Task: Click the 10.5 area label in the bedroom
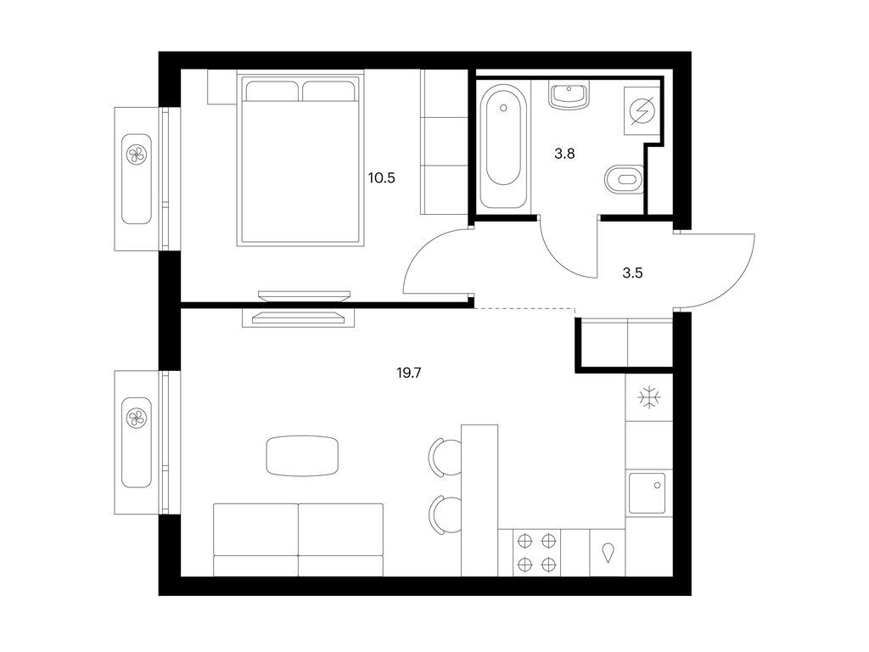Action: [x=381, y=178]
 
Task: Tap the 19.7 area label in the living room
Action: [x=409, y=374]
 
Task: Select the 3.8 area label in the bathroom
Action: [x=564, y=154]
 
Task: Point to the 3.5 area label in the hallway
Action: [x=632, y=273]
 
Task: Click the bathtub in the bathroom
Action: [x=502, y=145]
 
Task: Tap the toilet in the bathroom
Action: [x=624, y=179]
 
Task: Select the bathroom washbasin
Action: [x=569, y=94]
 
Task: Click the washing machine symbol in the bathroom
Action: [x=642, y=111]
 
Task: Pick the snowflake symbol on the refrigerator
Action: [x=648, y=397]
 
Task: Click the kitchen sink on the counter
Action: [x=648, y=493]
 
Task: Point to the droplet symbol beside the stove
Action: [x=608, y=553]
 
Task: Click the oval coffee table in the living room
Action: [x=302, y=456]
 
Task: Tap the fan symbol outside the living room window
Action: [x=137, y=418]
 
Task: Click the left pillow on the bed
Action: [x=272, y=92]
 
